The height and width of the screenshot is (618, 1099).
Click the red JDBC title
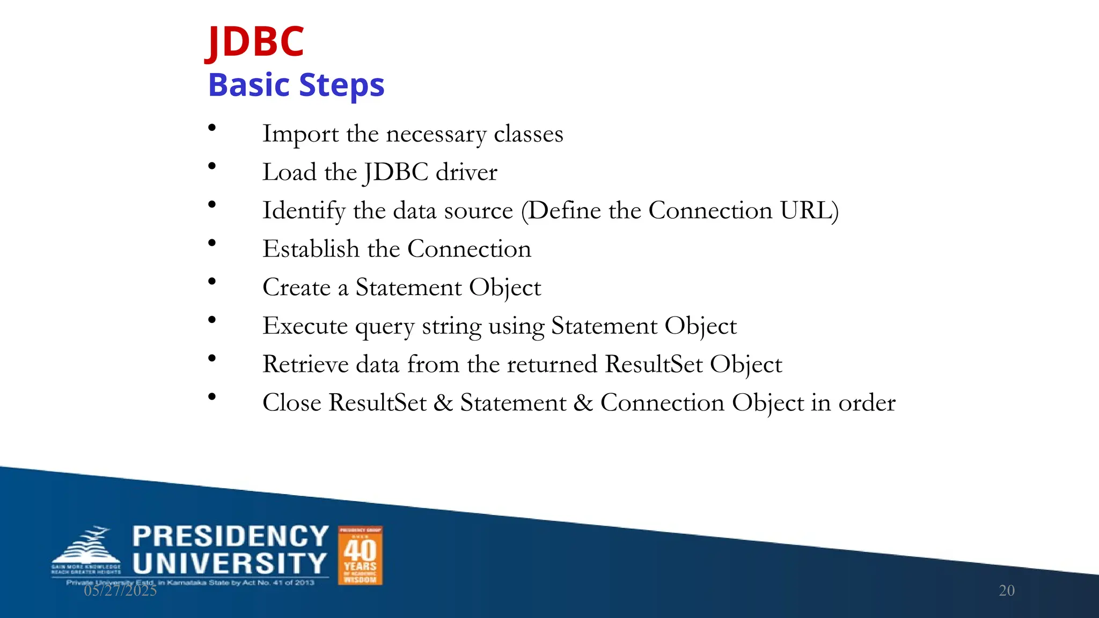click(256, 42)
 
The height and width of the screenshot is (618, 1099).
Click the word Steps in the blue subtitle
click(341, 85)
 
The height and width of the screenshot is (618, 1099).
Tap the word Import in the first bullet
click(301, 134)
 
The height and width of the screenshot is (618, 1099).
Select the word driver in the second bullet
click(466, 172)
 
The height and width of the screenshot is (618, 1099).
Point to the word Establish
click(311, 249)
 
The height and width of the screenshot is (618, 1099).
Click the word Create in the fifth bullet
click(296, 288)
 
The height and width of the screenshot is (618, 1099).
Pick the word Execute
click(305, 326)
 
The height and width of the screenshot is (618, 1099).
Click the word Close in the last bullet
click(291, 403)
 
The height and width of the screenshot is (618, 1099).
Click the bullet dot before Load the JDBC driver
click(212, 166)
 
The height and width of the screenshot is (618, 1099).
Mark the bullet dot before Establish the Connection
click(212, 243)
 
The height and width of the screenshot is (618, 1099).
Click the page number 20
click(1006, 591)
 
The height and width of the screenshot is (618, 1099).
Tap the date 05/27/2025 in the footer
click(120, 591)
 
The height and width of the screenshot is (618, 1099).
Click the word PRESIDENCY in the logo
click(230, 536)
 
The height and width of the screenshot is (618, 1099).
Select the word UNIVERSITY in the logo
click(230, 564)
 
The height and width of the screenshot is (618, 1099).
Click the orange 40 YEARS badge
click(360, 555)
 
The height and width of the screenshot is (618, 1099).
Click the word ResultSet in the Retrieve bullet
click(654, 364)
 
